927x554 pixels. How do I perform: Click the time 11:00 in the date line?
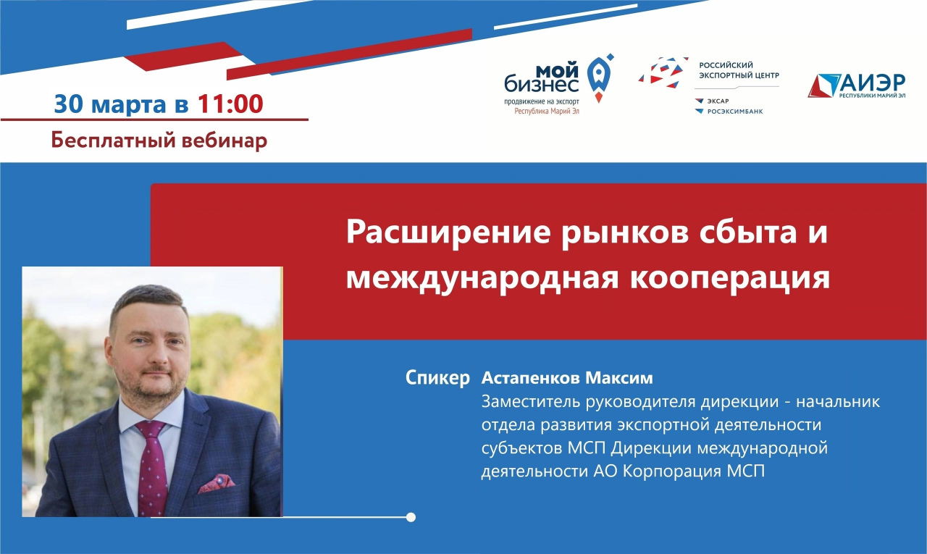pos(230,104)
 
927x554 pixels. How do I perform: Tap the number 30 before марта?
pos(69,104)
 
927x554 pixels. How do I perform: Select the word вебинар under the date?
pos(224,140)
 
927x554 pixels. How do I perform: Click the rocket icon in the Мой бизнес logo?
pos(600,78)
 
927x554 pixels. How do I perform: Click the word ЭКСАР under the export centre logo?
pos(718,101)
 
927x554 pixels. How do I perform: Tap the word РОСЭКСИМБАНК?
pos(735,112)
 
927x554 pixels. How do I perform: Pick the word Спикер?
pos(437,378)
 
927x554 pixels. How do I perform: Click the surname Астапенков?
pos(529,378)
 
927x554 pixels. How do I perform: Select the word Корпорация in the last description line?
pos(672,471)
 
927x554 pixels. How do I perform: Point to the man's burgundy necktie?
pos(152,468)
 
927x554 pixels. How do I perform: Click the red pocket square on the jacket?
pos(216,483)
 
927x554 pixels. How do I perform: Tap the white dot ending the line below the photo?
pos(411,517)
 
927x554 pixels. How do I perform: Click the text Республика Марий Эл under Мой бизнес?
pos(546,112)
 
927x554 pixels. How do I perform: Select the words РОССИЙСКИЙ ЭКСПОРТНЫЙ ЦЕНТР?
pos(739,70)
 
